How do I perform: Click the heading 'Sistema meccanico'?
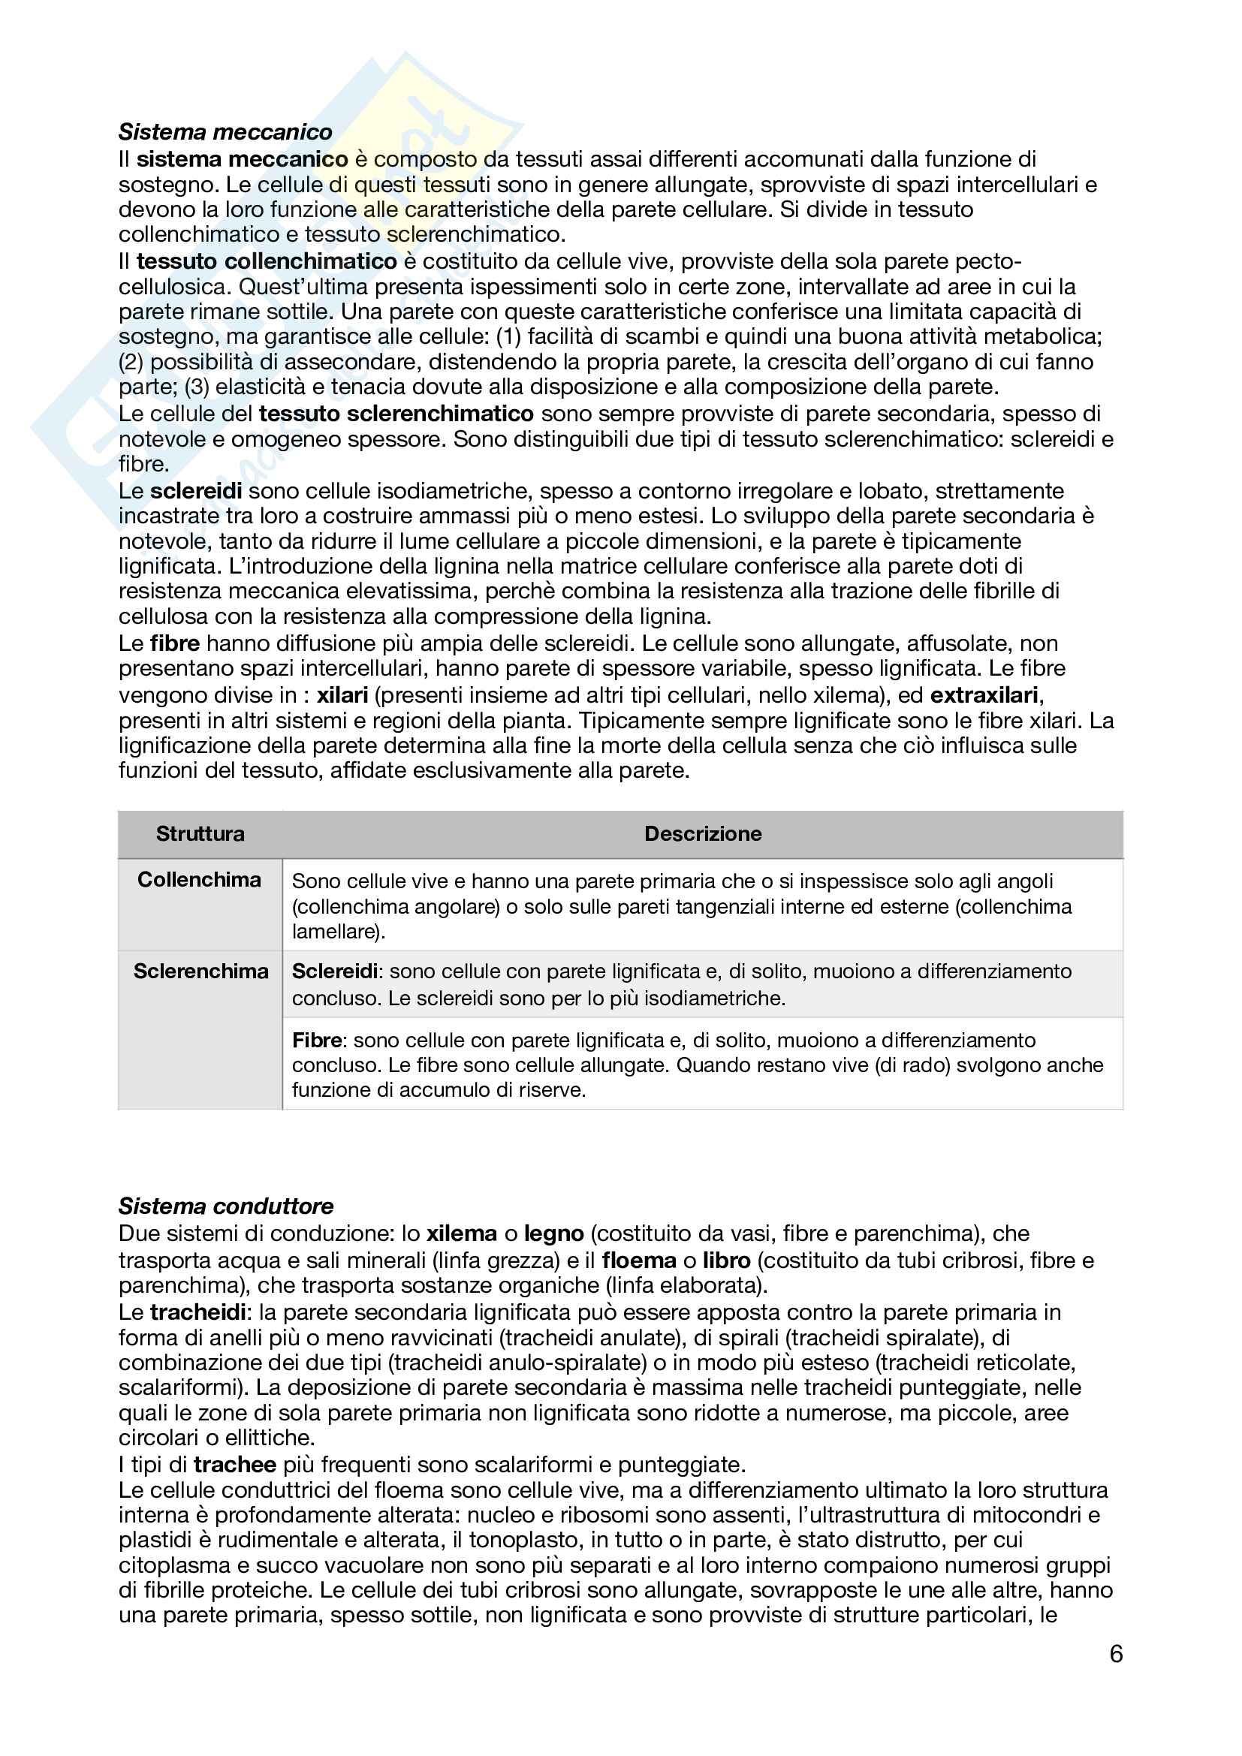coord(225,132)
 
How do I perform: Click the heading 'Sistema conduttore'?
coord(225,1206)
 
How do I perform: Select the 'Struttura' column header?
coord(200,833)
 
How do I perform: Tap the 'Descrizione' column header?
coord(702,833)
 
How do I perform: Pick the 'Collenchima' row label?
coord(199,880)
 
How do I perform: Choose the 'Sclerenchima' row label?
coord(200,971)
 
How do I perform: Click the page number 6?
coord(1116,1655)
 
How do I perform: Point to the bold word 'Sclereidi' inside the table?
coord(335,971)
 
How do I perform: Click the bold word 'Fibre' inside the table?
coord(317,1040)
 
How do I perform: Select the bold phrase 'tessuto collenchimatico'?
coord(266,261)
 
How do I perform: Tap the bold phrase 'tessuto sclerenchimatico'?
coord(396,414)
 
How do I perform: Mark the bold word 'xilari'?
coord(342,695)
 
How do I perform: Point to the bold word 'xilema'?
coord(461,1233)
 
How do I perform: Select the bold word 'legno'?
coord(553,1233)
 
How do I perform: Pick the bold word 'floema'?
coord(638,1261)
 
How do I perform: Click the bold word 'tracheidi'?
coord(197,1312)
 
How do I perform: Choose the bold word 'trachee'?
coord(235,1465)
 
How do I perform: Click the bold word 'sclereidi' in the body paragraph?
coord(196,491)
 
